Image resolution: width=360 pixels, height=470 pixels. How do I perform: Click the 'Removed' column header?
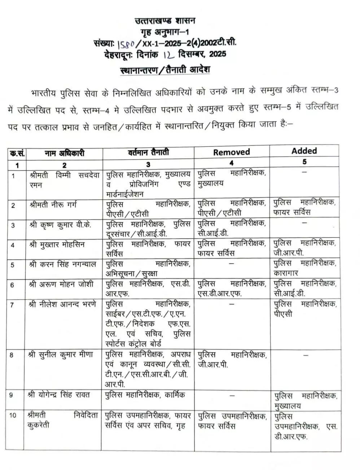pos(231,152)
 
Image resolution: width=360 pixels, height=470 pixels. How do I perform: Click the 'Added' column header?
pos(304,151)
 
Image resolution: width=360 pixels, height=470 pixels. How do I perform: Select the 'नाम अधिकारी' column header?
pos(64,153)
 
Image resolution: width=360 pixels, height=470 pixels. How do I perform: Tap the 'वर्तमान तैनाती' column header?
pos(148,152)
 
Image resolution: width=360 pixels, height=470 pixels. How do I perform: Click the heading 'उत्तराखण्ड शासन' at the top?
pos(165,21)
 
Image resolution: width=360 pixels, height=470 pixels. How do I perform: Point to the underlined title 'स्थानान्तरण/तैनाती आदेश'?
pos(165,70)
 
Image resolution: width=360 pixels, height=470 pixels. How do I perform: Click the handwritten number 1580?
pos(126,44)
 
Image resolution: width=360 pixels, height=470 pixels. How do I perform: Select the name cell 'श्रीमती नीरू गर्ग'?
pos(53,205)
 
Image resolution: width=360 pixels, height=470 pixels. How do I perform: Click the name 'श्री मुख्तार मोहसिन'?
pos(57,244)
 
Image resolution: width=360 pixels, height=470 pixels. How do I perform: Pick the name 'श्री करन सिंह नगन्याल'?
pos(63,264)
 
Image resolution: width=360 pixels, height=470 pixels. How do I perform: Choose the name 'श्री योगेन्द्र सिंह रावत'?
pos(59,394)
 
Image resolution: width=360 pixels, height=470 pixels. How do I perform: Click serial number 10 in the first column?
pos(13,415)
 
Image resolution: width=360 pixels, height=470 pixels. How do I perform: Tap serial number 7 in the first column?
pos(12,305)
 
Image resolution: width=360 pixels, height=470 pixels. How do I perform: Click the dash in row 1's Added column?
pos(304,172)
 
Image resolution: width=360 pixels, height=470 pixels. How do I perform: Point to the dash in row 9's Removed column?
pos(232,395)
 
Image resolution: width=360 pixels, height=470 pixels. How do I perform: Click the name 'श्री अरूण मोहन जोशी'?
pos(61,284)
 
